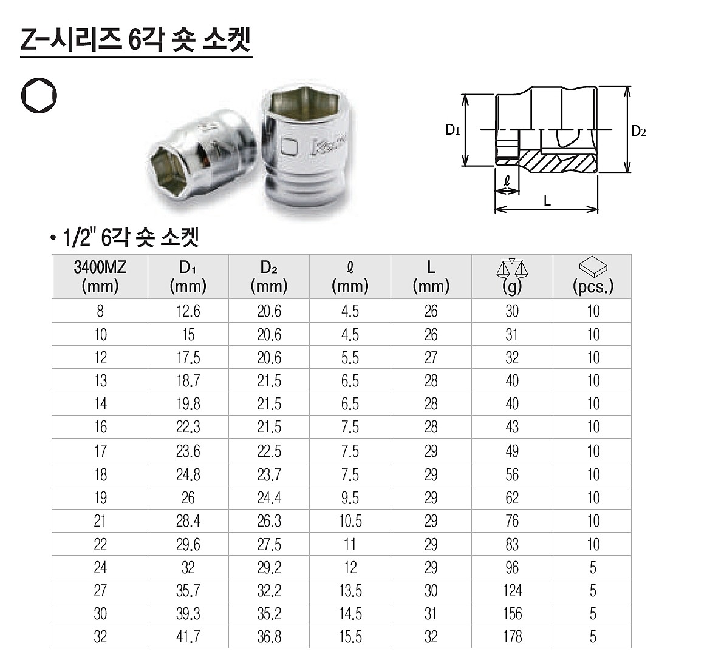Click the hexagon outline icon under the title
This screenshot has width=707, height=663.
point(39,96)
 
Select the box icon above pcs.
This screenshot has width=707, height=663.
point(592,267)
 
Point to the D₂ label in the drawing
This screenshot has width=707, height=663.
point(638,130)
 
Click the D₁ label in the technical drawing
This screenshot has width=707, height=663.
point(453,129)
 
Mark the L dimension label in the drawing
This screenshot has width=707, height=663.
point(548,200)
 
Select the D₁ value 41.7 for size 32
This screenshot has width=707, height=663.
point(188,637)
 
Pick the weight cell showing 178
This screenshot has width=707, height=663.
point(512,637)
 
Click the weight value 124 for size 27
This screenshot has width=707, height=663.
point(512,590)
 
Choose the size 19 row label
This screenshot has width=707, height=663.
point(100,498)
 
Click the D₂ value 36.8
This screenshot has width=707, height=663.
point(269,637)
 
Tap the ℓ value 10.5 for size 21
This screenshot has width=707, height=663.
point(350,521)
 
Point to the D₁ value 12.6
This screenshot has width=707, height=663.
point(188,311)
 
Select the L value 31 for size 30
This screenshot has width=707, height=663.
point(431,614)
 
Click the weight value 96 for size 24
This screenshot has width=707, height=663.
point(512,567)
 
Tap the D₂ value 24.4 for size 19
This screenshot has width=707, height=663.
point(269,498)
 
